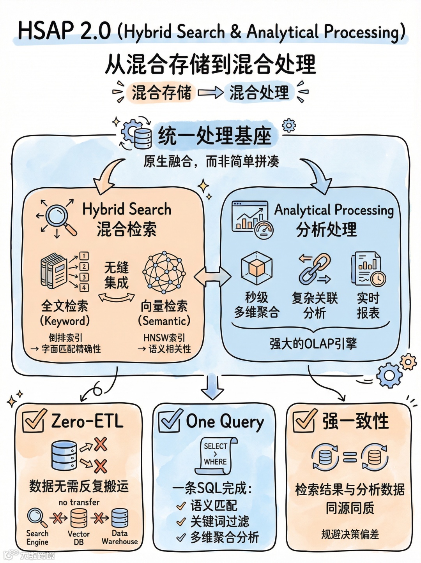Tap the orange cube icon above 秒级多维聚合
point(256,268)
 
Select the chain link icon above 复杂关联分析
point(314,268)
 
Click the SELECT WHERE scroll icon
point(216,455)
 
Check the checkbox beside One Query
point(170,421)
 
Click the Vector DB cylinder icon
point(79,518)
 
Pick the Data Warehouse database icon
point(120,518)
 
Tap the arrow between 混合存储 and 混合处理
point(210,93)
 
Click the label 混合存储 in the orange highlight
point(161,93)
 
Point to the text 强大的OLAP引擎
point(313,343)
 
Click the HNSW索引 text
point(164,337)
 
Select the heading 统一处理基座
point(214,136)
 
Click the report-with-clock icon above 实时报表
point(368,268)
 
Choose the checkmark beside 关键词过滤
point(181,522)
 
